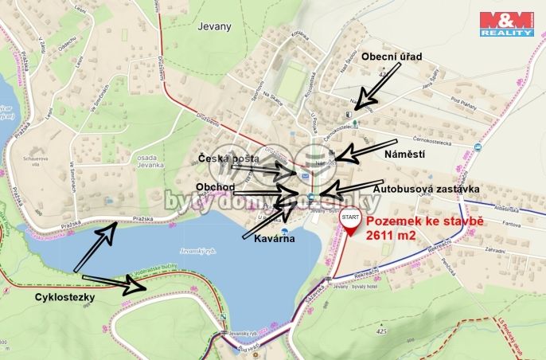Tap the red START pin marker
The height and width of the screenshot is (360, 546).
click(349, 222)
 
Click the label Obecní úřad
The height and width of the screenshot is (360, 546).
click(391, 57)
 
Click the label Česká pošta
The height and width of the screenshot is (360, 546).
click(229, 159)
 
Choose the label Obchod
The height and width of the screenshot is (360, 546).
click(216, 186)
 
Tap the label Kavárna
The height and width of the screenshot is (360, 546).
click(273, 238)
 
